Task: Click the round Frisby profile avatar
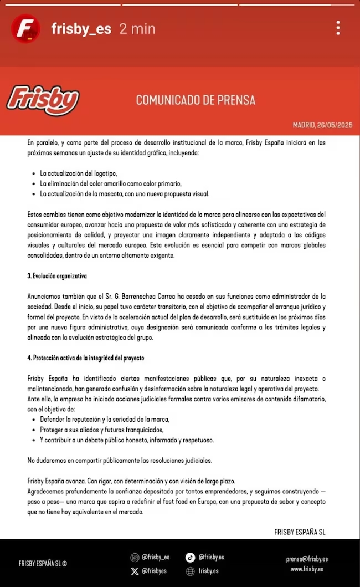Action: click(x=25, y=29)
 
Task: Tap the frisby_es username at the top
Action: click(x=81, y=29)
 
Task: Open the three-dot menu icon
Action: click(x=338, y=28)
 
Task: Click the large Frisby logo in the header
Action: click(x=43, y=100)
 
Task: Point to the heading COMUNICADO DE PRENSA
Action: click(x=196, y=100)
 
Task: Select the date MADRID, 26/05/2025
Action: click(x=322, y=125)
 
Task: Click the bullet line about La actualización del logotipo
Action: click(x=78, y=173)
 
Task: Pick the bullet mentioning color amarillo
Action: click(x=110, y=183)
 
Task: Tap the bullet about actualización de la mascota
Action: click(x=124, y=194)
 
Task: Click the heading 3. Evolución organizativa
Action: click(x=57, y=276)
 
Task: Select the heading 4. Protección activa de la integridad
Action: click(x=86, y=358)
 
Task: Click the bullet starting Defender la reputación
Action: click(x=104, y=419)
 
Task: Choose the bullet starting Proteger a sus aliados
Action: click(x=101, y=430)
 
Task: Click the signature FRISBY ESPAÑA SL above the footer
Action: click(x=300, y=532)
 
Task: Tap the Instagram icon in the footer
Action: click(x=135, y=558)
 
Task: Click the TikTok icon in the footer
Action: click(x=190, y=558)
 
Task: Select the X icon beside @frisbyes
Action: click(x=135, y=571)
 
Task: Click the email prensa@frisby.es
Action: click(x=307, y=559)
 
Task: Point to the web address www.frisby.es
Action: click(x=307, y=569)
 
